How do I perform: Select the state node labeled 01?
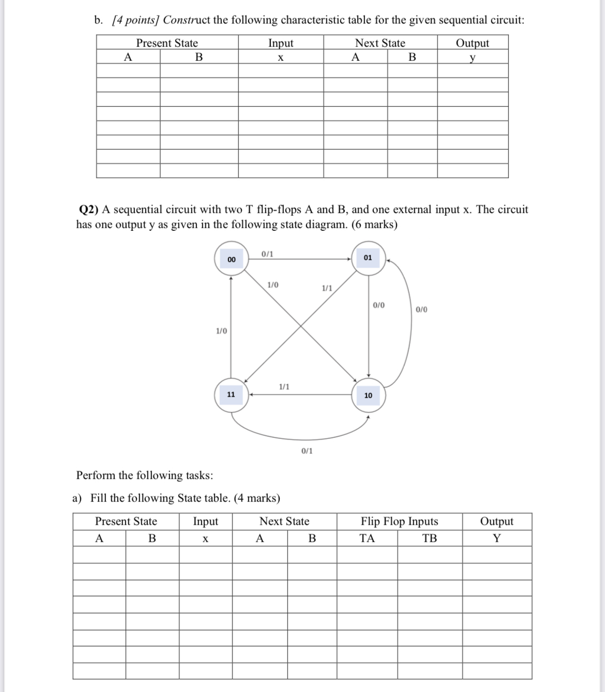368,257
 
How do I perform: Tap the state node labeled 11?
231,395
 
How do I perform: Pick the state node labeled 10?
368,396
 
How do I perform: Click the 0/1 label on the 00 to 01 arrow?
267,254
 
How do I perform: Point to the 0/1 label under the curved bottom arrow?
307,451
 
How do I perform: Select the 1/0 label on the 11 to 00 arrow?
221,331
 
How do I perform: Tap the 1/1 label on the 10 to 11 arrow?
284,386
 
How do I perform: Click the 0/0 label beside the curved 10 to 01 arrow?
421,310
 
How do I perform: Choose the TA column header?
367,539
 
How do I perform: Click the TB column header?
429,539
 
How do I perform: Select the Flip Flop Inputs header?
399,522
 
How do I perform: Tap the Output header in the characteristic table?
472,43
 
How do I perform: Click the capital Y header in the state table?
496,539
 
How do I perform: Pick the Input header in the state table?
205,522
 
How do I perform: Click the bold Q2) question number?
88,210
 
